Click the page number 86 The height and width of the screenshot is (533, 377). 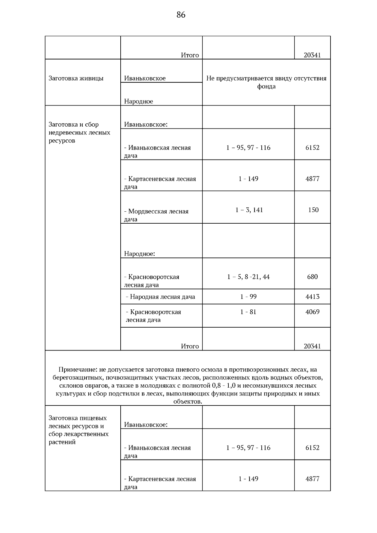pos(181,15)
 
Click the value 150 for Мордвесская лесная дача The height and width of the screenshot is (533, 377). pos(313,210)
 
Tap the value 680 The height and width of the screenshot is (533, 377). pos(312,277)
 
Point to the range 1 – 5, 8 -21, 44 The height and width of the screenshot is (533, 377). pos(248,277)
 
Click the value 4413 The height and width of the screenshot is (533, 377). pos(312,296)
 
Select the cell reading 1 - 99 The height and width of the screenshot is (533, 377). pos(248,296)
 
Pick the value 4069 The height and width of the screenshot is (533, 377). pos(312,312)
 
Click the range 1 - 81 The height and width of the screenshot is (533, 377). pos(248,312)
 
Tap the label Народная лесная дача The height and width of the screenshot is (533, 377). pos(162,296)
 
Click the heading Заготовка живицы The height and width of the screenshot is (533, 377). pos(76,78)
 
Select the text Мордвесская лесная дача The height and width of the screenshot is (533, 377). pos(156,215)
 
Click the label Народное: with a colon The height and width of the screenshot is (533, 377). pos(139,253)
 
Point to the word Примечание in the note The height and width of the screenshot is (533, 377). pos(78,369)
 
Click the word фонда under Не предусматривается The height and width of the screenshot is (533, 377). pos(266,86)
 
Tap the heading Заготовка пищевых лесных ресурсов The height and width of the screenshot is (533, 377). pos(78,422)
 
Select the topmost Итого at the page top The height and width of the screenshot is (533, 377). pos(190,55)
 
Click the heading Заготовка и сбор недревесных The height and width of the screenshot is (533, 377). pos(79,132)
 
